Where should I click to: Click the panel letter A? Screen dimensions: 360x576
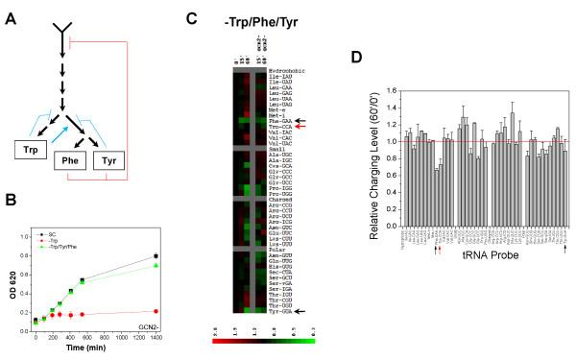pyautogui.click(x=8, y=9)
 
